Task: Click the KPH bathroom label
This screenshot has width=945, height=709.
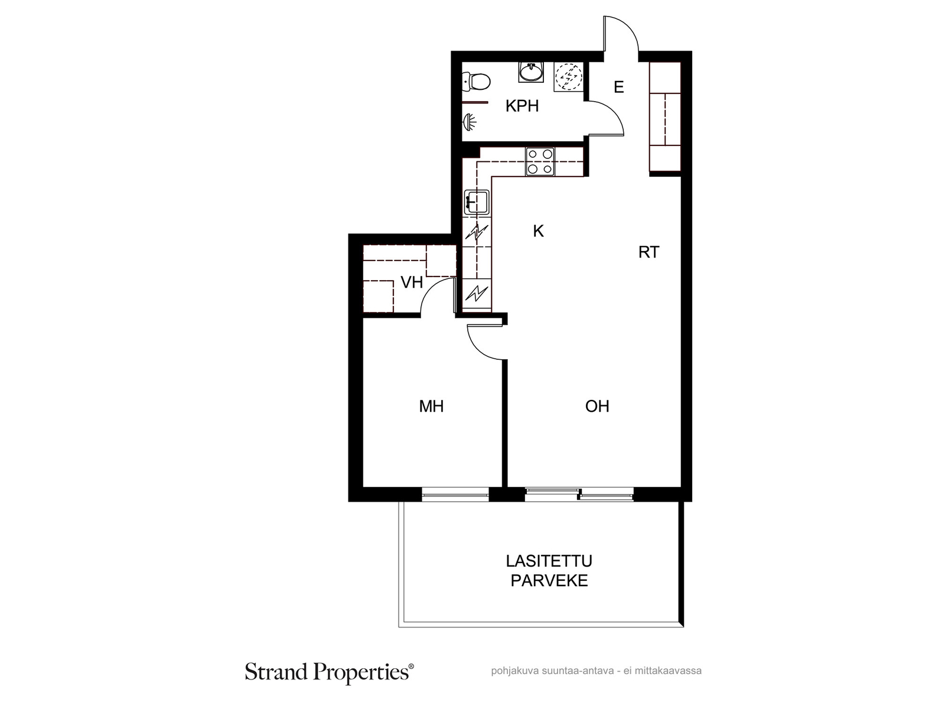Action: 522,106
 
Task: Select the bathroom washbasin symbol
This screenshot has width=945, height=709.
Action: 531,72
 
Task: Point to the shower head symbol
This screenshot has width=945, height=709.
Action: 470,122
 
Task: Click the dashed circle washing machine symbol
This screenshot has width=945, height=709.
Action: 568,77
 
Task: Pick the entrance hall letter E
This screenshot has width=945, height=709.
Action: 618,87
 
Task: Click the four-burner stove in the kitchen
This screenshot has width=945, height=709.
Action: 540,161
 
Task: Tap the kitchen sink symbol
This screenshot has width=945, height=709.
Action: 476,202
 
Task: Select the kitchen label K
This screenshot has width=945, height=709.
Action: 538,231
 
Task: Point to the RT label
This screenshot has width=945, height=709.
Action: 649,252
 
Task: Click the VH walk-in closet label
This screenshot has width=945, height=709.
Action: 412,282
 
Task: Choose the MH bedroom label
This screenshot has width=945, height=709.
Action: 431,406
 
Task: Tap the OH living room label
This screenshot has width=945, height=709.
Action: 597,406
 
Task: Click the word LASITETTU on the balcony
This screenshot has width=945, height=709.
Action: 549,561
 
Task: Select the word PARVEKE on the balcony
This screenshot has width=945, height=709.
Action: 549,581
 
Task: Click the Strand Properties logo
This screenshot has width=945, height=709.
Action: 330,672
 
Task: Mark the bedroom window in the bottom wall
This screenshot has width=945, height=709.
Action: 455,494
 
